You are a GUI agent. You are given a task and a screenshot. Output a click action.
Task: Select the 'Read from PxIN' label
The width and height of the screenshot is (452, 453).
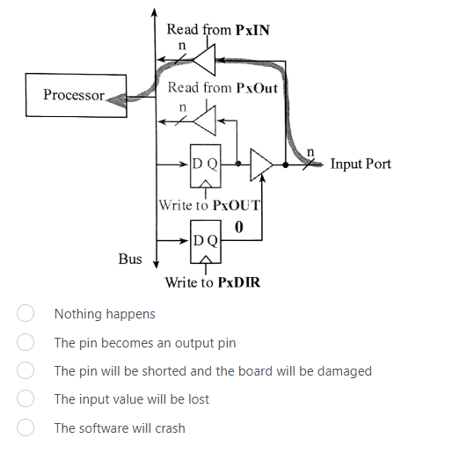point(218,29)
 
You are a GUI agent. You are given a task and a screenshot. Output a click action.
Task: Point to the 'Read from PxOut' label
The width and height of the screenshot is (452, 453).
point(222,88)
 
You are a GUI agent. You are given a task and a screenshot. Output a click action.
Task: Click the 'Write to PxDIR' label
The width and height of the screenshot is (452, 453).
point(212,282)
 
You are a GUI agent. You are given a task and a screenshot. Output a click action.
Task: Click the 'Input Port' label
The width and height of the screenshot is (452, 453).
point(361,164)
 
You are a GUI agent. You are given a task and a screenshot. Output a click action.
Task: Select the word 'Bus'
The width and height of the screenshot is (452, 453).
point(130,259)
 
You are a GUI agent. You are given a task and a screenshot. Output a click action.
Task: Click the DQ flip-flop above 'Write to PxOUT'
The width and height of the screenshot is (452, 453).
point(206,164)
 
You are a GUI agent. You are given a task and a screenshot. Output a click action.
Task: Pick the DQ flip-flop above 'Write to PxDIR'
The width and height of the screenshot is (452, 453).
point(206,240)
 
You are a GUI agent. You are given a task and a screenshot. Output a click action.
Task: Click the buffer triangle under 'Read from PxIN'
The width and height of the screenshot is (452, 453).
point(205,62)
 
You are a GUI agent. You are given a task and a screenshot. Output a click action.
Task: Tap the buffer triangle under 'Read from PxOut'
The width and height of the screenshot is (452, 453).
point(206,117)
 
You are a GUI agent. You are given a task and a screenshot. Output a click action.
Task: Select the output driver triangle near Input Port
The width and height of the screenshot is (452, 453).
point(262,164)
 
